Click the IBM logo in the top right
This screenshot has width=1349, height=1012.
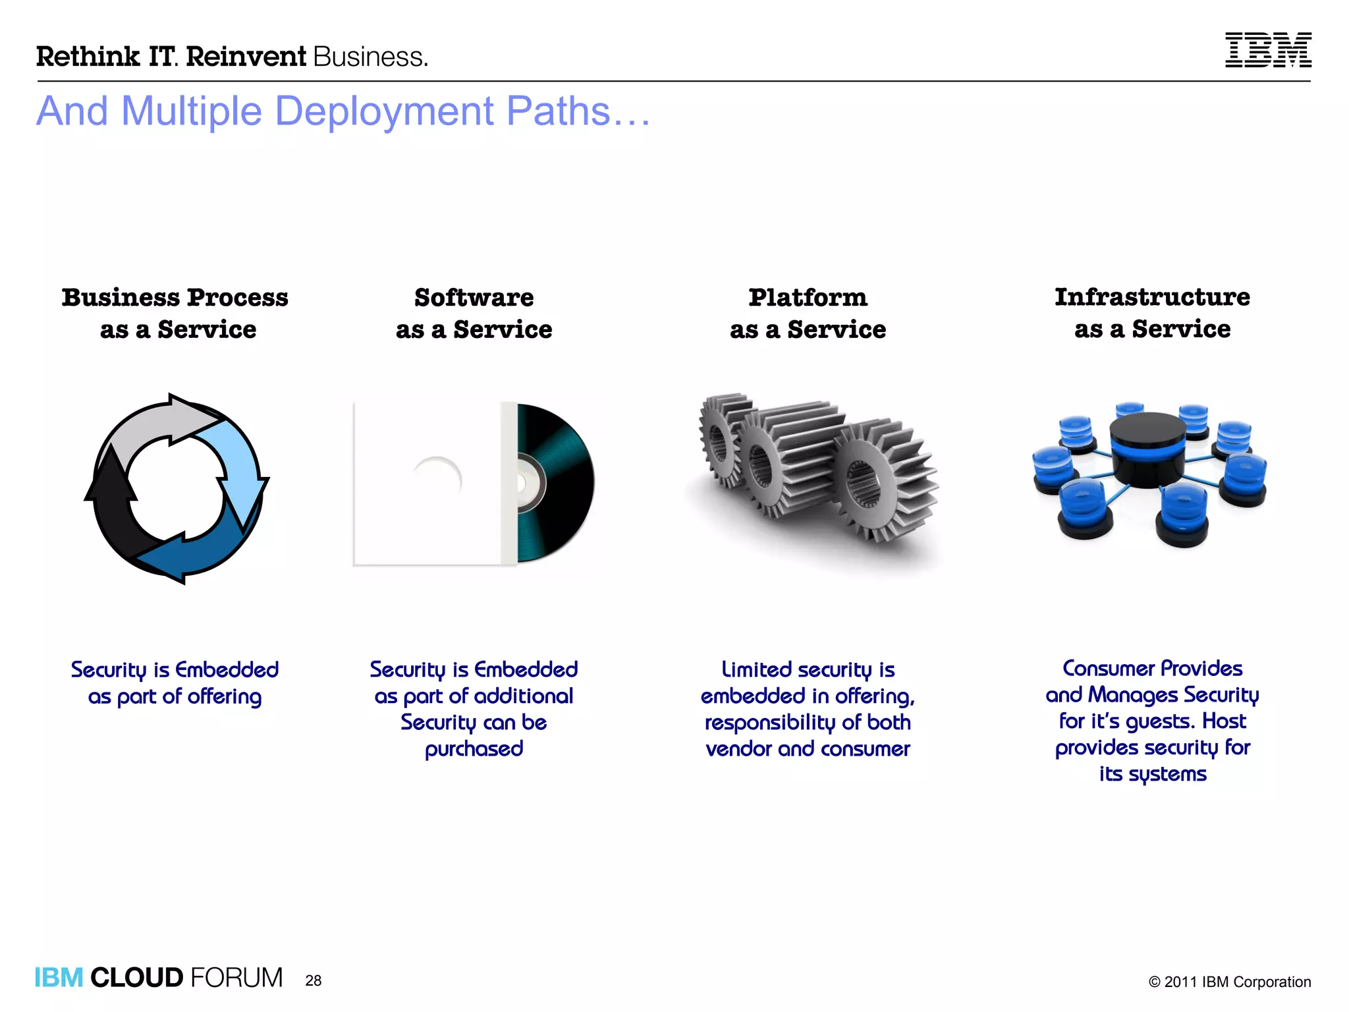click(x=1267, y=50)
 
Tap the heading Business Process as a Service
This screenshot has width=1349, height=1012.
click(x=175, y=313)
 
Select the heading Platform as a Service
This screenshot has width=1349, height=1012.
click(x=808, y=313)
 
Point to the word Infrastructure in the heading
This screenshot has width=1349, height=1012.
click(x=1152, y=297)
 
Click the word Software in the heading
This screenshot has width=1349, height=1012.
click(x=474, y=298)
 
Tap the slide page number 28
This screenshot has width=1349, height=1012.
click(x=314, y=980)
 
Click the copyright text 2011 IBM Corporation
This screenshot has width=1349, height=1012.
click(x=1229, y=982)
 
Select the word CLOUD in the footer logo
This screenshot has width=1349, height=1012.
click(x=136, y=978)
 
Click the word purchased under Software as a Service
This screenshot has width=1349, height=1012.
click(x=474, y=749)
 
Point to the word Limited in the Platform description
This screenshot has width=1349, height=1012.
click(x=756, y=670)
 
